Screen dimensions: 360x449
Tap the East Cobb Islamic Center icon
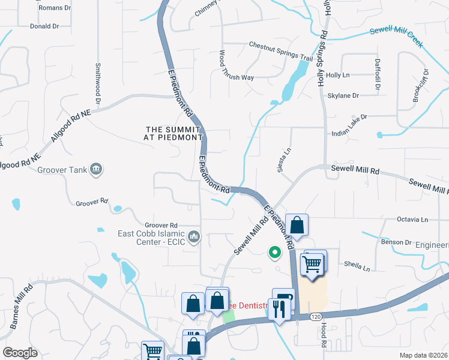coord(193,238)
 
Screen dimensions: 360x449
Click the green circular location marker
coord(276,253)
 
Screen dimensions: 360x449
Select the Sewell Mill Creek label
coord(396,37)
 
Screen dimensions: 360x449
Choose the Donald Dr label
coord(44,26)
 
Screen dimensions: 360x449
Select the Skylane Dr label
coord(343,95)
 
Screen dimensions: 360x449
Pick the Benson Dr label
coord(396,242)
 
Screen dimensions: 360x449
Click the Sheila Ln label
coord(357,266)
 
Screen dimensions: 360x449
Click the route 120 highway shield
coord(316,316)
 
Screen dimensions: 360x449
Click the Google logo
coord(20,353)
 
